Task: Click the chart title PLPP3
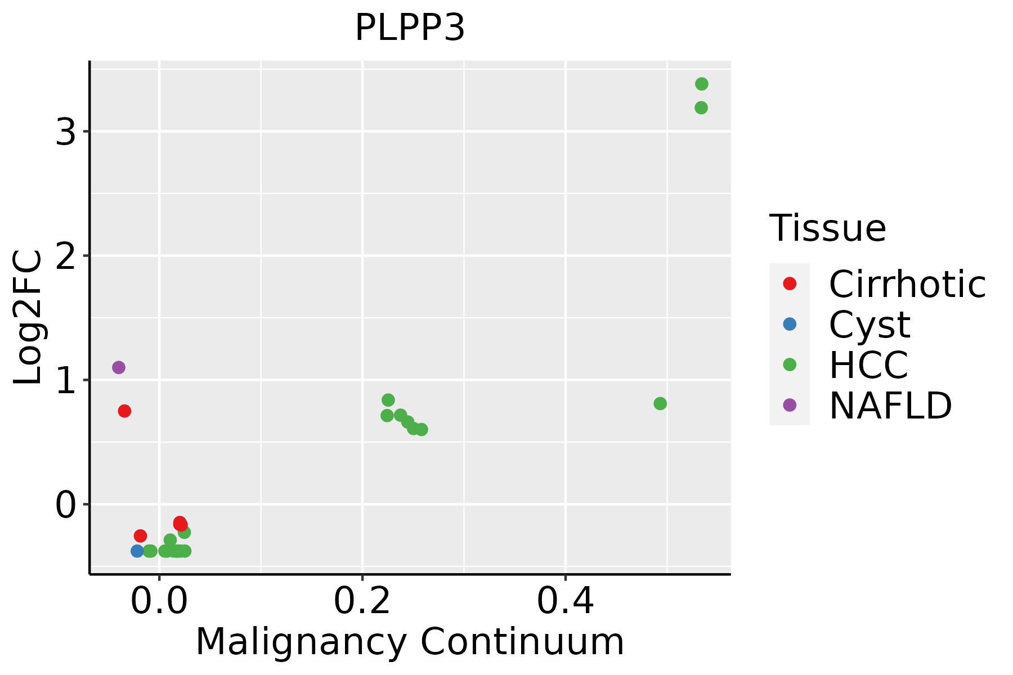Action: click(410, 28)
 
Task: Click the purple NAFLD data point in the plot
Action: click(118, 367)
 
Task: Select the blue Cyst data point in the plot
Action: click(137, 551)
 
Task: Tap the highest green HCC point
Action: click(701, 84)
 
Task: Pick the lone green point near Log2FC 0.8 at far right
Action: click(660, 403)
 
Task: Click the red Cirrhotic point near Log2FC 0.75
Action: click(124, 411)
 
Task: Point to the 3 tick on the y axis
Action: click(66, 133)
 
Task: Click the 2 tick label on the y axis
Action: click(66, 257)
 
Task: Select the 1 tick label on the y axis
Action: click(66, 381)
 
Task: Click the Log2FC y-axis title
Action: click(28, 317)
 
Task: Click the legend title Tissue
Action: click(827, 228)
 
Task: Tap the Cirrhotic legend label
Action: click(907, 284)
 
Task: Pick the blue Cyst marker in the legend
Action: click(790, 324)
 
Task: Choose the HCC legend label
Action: click(868, 365)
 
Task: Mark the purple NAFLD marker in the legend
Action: click(790, 405)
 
